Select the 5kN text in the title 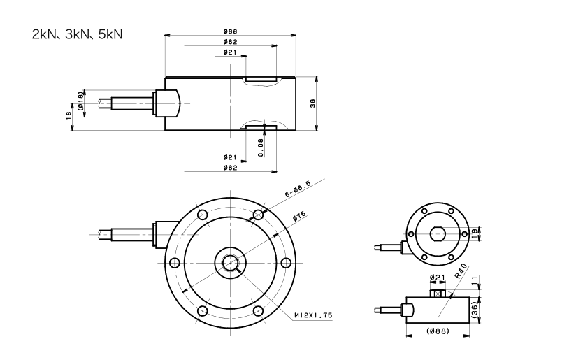[x=108, y=34]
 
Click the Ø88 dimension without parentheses [x=230, y=30]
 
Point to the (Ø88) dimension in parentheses [x=438, y=330]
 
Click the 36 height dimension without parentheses [x=313, y=103]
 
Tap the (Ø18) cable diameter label [x=81, y=102]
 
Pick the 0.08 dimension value [x=261, y=146]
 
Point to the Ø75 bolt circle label [x=300, y=216]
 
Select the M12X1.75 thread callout [x=313, y=316]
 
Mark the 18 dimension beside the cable [x=69, y=115]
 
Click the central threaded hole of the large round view [x=230, y=262]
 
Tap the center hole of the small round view [x=437, y=232]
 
